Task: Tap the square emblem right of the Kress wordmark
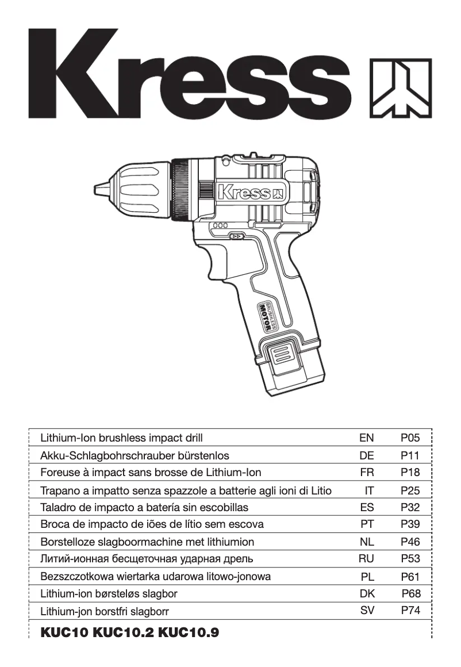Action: click(x=399, y=87)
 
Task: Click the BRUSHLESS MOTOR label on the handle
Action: click(x=267, y=314)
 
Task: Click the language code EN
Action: click(x=366, y=438)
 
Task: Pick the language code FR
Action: click(x=366, y=473)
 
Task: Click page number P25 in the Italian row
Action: click(x=410, y=490)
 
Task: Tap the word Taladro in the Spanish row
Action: click(x=58, y=508)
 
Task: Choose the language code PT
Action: click(x=366, y=524)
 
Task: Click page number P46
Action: click(x=410, y=542)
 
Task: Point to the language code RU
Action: click(x=366, y=558)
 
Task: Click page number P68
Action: click(x=411, y=593)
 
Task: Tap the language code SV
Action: click(x=367, y=611)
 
